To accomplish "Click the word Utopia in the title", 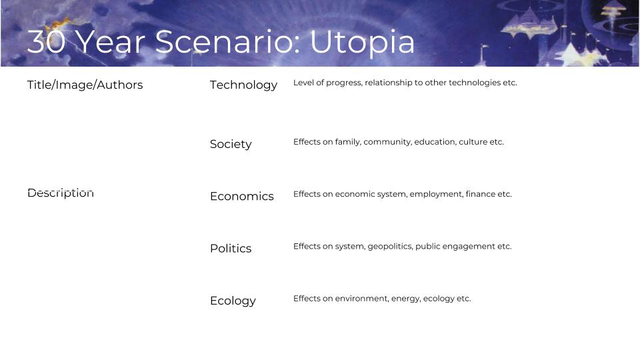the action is [362, 42].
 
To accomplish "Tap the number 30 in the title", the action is [46, 41].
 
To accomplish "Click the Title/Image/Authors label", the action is [85, 85].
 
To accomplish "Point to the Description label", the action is [61, 193].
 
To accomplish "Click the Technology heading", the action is [244, 85].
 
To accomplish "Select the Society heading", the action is [231, 144].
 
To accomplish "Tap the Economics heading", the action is [241, 196].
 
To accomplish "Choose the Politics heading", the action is [231, 248].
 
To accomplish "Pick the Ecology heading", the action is [233, 301].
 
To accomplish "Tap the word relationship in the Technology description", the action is [388, 83].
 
